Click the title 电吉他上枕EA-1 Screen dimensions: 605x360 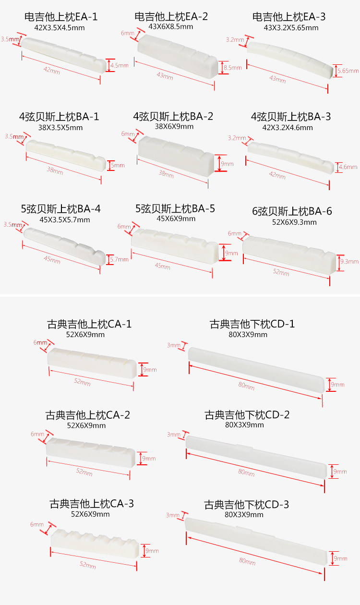pos(61,17)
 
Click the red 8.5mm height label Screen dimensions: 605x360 pos(233,68)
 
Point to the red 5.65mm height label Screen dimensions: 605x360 pos(348,71)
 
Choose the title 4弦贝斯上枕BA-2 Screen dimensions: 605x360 pos(173,116)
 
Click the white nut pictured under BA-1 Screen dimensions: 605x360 pos(65,154)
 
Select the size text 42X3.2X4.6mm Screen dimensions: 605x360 pos(289,128)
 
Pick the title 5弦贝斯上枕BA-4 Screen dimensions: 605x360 pos(60,209)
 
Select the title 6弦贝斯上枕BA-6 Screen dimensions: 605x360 pos(292,212)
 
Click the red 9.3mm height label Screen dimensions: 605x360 pos(349,262)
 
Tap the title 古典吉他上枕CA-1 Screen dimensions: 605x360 pos(89,324)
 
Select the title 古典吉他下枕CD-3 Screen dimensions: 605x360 pos(247,505)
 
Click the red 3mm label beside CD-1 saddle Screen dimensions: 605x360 pos(173,345)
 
